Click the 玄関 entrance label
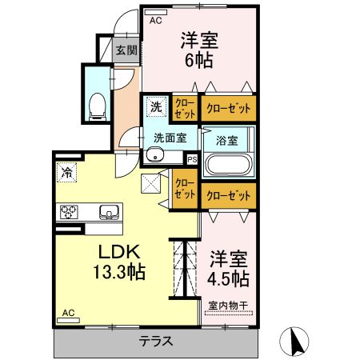click(x=126, y=50)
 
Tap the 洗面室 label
click(x=170, y=137)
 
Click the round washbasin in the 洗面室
click(x=156, y=155)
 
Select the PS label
click(x=191, y=159)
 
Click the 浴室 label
click(x=226, y=140)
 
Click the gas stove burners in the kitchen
click(x=69, y=213)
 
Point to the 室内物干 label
click(x=228, y=305)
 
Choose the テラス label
click(x=157, y=342)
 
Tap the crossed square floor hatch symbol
click(x=151, y=184)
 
